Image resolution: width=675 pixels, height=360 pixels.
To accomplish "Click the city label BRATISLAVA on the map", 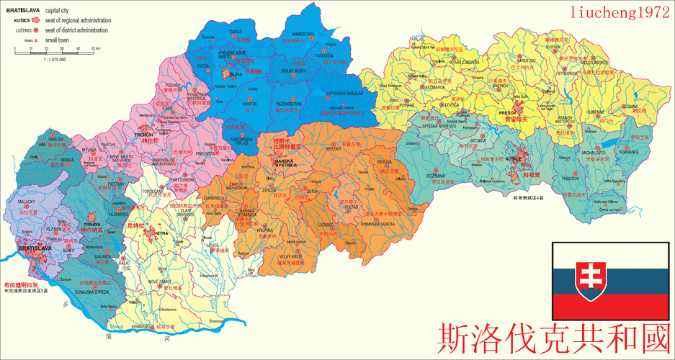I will [x=34, y=248].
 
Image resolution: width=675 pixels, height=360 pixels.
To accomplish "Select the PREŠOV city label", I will [x=507, y=113].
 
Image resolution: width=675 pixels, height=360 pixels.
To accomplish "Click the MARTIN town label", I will [x=249, y=104].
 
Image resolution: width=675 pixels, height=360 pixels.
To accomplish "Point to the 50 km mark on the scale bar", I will [x=94, y=48].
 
